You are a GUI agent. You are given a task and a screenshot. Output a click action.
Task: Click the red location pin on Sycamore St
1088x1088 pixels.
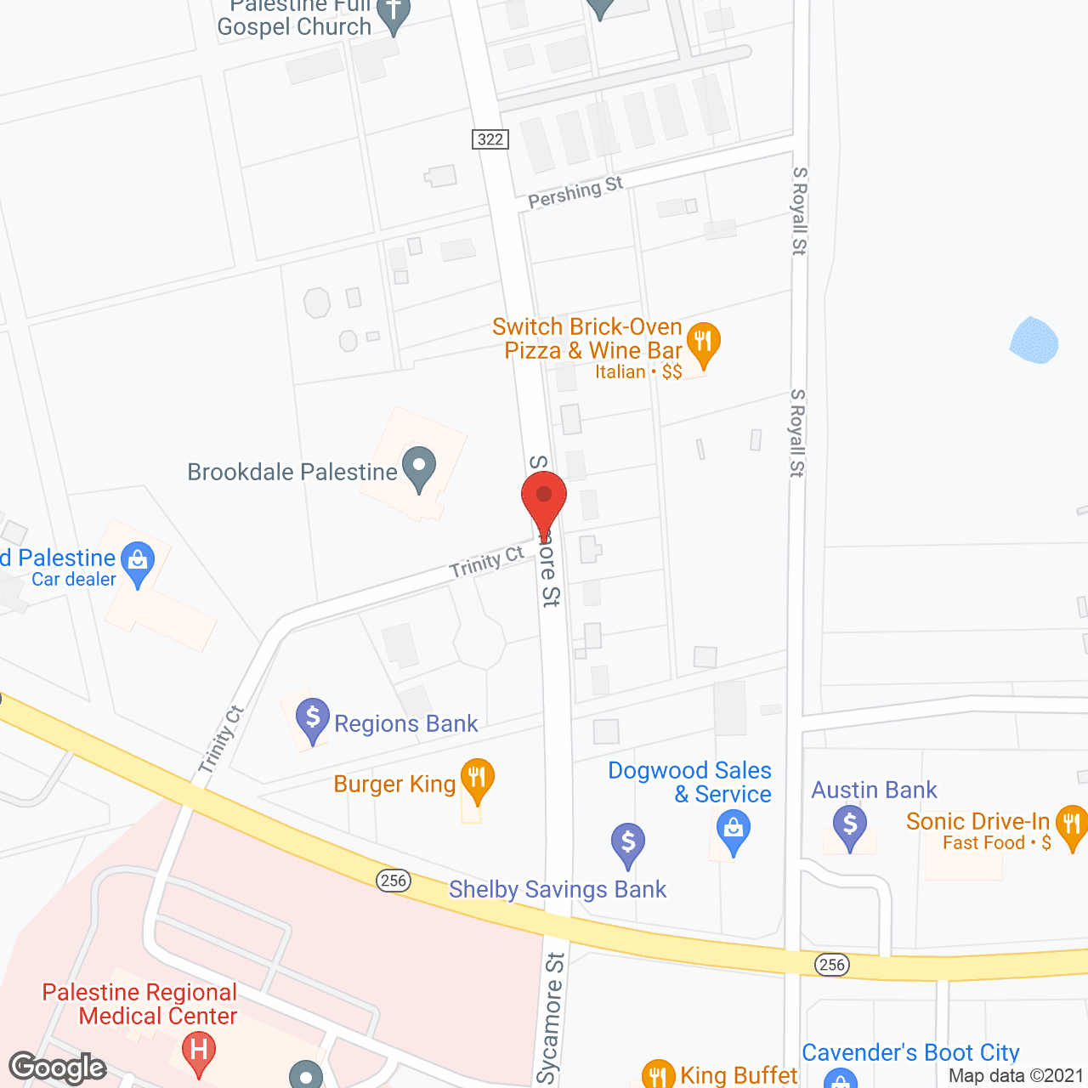pyautogui.click(x=544, y=498)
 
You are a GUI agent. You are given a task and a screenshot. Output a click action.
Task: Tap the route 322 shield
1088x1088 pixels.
pyautogui.click(x=490, y=139)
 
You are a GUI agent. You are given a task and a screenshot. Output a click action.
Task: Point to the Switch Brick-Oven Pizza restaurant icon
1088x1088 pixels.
pyautogui.click(x=703, y=343)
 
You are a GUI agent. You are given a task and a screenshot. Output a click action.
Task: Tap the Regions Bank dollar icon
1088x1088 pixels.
pyautogui.click(x=313, y=719)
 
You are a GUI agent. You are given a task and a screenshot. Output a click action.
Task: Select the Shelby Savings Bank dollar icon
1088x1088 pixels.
pyautogui.click(x=628, y=843)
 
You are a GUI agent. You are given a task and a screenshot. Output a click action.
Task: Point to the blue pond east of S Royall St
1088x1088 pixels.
pyautogui.click(x=1034, y=341)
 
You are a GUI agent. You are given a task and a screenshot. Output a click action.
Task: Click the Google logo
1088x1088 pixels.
pyautogui.click(x=58, y=1068)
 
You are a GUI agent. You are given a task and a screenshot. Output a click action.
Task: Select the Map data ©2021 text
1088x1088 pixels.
pyautogui.click(x=1016, y=1076)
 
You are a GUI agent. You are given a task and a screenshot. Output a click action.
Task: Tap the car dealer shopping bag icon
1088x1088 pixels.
pyautogui.click(x=137, y=563)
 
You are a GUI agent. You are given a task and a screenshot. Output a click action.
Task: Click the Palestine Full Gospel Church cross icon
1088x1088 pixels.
pyautogui.click(x=393, y=14)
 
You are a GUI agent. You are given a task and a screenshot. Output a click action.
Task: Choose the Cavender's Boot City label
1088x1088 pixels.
pyautogui.click(x=910, y=1052)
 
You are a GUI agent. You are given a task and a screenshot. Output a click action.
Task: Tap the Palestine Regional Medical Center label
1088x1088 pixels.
pyautogui.click(x=140, y=1004)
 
